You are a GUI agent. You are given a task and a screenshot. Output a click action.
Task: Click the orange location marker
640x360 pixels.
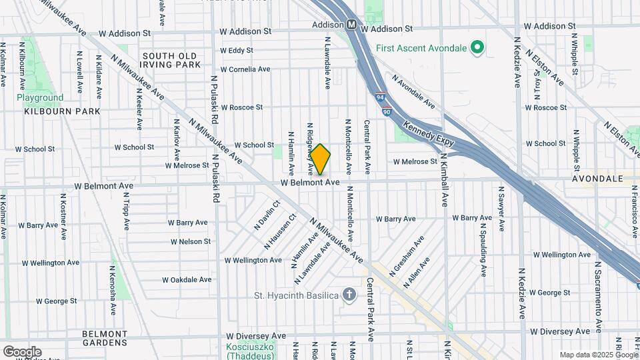click(321, 159)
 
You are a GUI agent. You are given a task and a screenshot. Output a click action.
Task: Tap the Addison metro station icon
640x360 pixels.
click(351, 25)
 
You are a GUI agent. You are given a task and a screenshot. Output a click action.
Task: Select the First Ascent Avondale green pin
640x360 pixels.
click(477, 47)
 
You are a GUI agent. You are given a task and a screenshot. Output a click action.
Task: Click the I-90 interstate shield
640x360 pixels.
click(386, 112)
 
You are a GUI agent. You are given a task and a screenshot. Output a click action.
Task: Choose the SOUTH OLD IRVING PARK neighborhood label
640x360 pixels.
click(171, 60)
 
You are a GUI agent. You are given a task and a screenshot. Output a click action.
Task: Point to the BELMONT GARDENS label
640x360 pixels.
click(105, 338)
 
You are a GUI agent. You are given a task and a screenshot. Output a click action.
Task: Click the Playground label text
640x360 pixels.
click(40, 97)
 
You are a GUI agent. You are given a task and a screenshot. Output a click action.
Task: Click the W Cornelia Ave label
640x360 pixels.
click(245, 69)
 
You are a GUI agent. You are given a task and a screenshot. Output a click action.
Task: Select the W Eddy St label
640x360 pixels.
click(237, 50)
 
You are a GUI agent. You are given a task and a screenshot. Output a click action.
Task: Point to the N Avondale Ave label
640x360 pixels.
click(413, 92)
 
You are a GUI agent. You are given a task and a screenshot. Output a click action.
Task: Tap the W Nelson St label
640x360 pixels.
click(191, 241)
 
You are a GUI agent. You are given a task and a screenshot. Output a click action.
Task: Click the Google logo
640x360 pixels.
click(22, 352)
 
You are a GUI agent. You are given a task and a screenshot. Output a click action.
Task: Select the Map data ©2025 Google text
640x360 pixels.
click(599, 355)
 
